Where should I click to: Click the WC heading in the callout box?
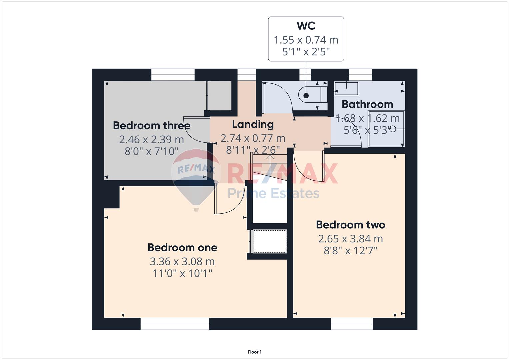pos(306,26)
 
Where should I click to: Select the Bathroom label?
pos(367,104)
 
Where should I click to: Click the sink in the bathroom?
pos(346,88)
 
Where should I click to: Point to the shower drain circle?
pos(393,129)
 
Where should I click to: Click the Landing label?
pos(253,125)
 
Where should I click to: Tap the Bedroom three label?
pos(152,125)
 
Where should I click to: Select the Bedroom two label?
pos(350,225)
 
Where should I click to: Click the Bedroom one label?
pos(182,247)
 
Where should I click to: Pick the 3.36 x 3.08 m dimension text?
pos(182,262)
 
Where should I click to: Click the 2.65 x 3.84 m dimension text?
pos(350,239)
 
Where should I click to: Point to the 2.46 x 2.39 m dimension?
pos(152,140)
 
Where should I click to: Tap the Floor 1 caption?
pos(255,352)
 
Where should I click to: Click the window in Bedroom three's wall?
pos(173,75)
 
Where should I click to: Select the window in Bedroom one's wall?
pos(175,324)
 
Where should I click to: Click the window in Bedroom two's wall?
pos(352,324)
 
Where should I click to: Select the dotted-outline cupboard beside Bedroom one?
pos(270,241)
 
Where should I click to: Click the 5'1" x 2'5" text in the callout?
pos(306,52)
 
